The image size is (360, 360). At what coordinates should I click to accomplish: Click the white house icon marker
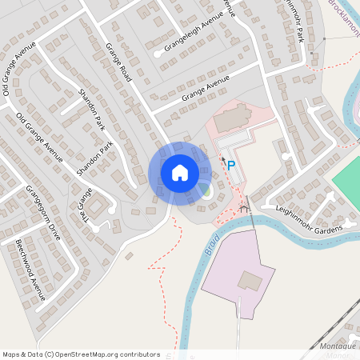tap(179, 172)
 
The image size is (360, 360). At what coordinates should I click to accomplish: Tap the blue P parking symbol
tap(231, 166)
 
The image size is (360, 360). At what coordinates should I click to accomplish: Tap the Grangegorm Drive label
tap(43, 212)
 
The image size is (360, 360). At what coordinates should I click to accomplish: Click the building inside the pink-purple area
tap(250, 281)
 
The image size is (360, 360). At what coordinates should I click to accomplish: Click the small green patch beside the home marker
tap(206, 190)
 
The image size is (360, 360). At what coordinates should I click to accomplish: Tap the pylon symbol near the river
tap(246, 207)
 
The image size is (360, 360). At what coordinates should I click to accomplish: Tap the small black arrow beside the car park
tap(223, 159)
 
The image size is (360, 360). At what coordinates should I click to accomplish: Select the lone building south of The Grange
tap(128, 257)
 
